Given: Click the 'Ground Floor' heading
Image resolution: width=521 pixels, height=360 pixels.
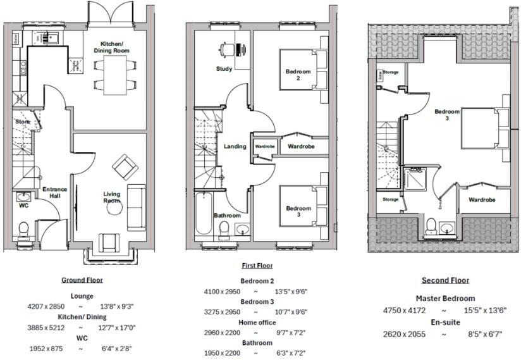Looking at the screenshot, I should click(x=82, y=280).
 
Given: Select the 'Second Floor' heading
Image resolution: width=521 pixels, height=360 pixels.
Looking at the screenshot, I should click(x=446, y=280).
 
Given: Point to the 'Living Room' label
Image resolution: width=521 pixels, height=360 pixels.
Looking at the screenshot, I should click(x=112, y=197).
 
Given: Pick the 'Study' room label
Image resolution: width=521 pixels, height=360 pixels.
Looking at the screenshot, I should click(x=224, y=69).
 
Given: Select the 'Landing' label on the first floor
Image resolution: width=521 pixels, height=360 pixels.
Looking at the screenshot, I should click(x=235, y=147).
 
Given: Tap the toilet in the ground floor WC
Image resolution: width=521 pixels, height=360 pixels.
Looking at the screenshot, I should click(x=24, y=228).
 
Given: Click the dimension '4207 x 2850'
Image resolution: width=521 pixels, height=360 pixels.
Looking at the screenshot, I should click(x=47, y=306).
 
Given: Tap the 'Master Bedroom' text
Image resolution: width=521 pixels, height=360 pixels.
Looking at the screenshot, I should click(x=445, y=299).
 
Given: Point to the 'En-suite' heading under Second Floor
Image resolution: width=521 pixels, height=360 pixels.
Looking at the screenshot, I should click(x=445, y=322).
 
